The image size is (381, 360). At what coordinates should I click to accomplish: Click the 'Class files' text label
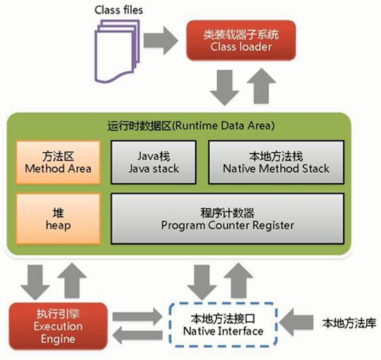(118, 10)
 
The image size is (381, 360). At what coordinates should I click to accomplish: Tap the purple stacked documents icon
(117, 51)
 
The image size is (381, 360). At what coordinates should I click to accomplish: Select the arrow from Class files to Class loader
(161, 40)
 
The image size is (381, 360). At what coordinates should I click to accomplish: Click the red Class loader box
(241, 40)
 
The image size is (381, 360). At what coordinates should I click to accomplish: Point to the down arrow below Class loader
(225, 88)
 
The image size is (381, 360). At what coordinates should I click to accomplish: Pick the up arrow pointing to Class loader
(261, 86)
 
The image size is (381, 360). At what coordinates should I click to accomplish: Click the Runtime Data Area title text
(191, 126)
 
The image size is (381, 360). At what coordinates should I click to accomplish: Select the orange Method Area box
(58, 162)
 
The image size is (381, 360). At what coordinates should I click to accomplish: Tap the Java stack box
(154, 162)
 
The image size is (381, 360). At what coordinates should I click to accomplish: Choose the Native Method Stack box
(276, 162)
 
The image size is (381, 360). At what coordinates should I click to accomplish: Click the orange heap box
(58, 219)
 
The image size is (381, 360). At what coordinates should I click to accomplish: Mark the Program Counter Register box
(227, 219)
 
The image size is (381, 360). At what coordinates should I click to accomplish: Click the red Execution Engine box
(58, 326)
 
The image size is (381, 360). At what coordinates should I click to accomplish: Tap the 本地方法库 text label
(349, 323)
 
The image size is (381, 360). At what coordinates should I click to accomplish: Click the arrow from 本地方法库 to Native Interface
(296, 323)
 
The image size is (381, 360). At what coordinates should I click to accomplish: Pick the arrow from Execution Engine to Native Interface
(137, 316)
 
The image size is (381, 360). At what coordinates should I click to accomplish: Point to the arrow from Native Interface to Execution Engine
(137, 335)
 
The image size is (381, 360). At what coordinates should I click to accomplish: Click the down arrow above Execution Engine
(35, 283)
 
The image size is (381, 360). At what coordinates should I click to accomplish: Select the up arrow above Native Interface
(239, 280)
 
